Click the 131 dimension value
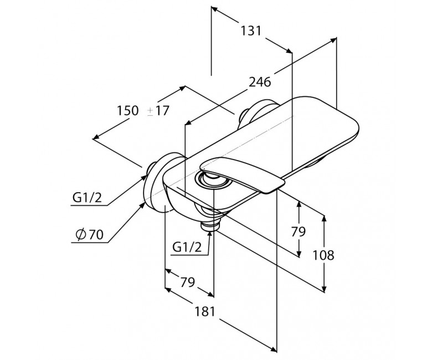tap(251, 30)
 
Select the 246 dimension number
tap(260, 82)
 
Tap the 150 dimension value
tap(127, 110)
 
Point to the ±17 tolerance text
tap(158, 110)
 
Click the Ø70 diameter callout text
tap(90, 235)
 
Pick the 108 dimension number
tap(323, 255)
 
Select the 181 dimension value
tap(205, 311)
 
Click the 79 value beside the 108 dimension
tap(299, 232)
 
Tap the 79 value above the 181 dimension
tap(187, 282)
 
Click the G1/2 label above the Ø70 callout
tap(87, 198)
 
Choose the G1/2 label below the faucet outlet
tap(187, 248)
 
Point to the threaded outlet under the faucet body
tap(210, 224)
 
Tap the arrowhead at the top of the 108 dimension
tap(324, 218)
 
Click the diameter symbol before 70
tap(81, 235)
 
